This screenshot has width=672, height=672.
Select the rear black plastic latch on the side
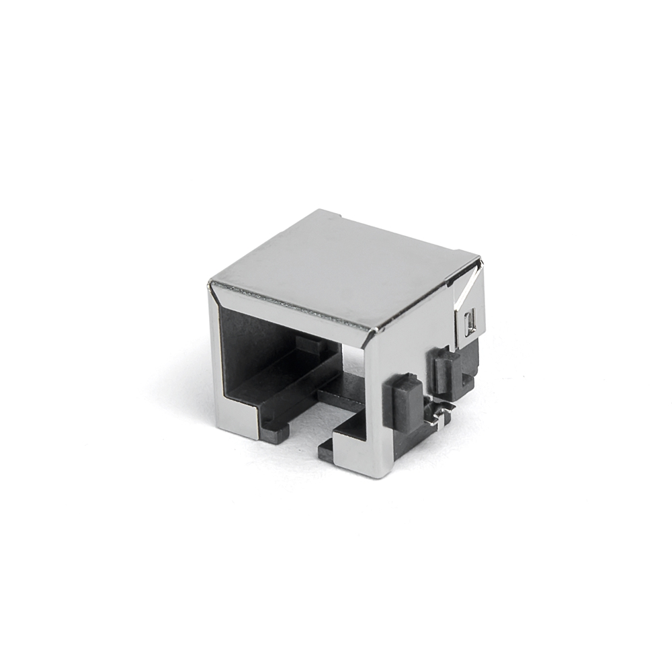445,371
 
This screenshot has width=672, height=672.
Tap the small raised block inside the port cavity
308,345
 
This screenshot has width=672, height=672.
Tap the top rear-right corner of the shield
478,259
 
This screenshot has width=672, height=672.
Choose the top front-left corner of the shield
211,282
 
